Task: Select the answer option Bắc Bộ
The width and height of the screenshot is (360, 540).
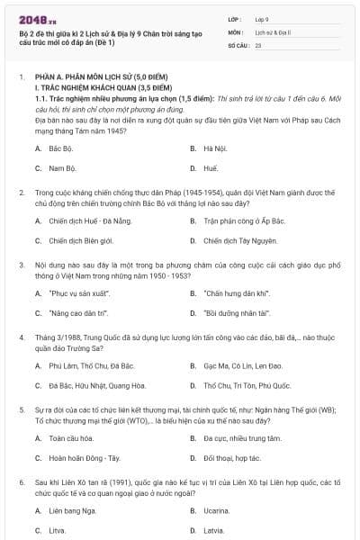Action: click(x=61, y=121)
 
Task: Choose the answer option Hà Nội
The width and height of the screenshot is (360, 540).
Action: click(x=213, y=121)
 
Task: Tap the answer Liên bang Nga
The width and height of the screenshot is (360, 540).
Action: click(x=72, y=510)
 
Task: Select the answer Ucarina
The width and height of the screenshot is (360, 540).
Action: click(x=216, y=510)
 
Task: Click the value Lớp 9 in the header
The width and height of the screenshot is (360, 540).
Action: click(x=262, y=17)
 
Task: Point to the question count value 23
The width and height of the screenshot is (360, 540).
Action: click(x=258, y=44)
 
